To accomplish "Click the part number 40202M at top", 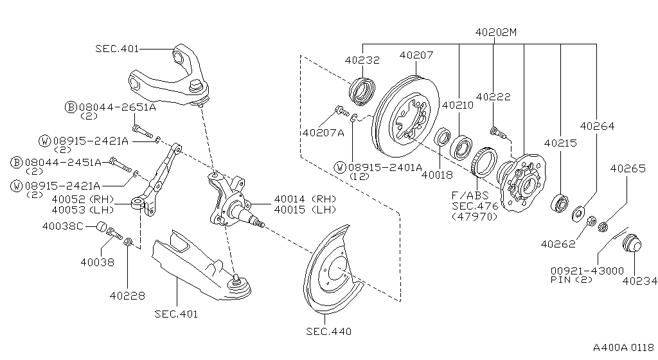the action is (x=495, y=32).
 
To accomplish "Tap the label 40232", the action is (x=362, y=60).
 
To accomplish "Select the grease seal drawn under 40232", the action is (x=362, y=91).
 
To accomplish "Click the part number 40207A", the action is (x=324, y=133).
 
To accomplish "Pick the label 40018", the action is (x=437, y=175).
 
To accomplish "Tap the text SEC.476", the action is (x=475, y=206).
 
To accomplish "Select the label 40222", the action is (x=493, y=96).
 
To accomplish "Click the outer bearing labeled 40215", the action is (x=560, y=203).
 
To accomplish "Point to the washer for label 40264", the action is (x=578, y=214).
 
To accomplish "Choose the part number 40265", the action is (x=628, y=168).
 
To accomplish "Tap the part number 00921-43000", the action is (x=587, y=271).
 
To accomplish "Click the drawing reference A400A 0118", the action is (x=623, y=347).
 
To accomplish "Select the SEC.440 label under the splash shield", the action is (x=328, y=332).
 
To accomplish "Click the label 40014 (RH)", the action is (x=305, y=199).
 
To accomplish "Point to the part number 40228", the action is (x=127, y=296).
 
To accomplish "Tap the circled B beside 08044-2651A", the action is (x=71, y=107).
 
